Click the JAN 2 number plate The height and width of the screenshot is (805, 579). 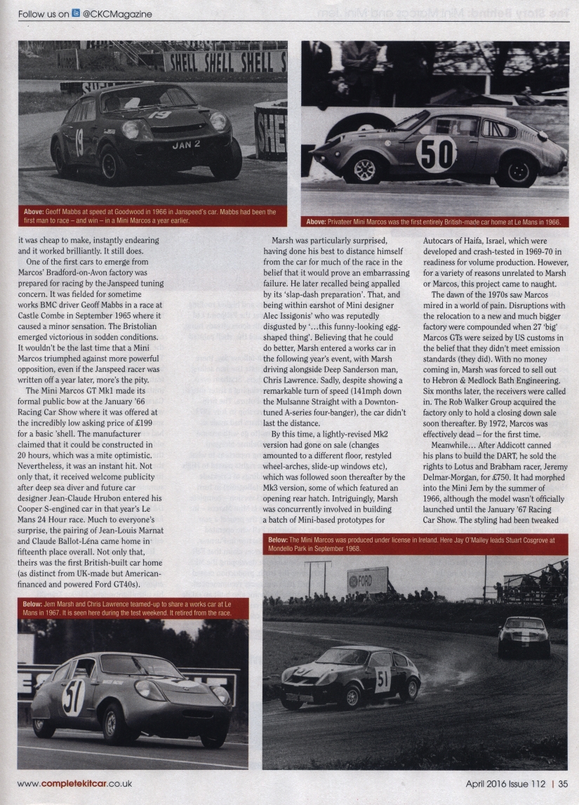coord(186,145)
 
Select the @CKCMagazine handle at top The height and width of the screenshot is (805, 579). coord(117,13)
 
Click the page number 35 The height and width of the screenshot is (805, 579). coord(564,784)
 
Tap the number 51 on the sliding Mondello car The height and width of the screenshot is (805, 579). coord(382,679)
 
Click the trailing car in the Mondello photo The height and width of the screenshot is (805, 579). coord(524,635)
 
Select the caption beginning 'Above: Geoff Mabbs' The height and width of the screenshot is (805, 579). coord(151,215)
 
